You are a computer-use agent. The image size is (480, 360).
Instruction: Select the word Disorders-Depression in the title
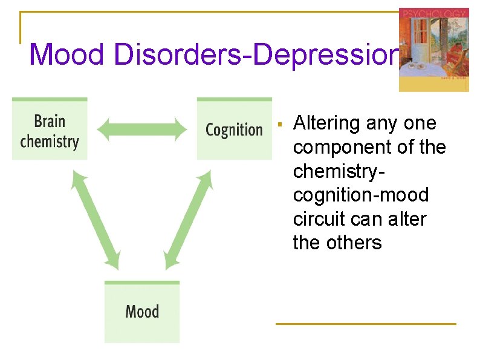point(253,54)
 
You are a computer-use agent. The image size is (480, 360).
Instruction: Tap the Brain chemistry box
point(50,129)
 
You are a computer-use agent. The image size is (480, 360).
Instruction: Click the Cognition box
point(234,129)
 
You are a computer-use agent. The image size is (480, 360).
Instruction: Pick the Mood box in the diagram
point(142,312)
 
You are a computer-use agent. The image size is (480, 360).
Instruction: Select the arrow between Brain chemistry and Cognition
point(142,129)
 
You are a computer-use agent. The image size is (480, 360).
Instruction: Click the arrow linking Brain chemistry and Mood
point(96,219)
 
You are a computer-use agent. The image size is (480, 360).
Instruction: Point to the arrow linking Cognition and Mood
point(189,219)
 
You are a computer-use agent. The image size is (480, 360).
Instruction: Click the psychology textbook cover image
point(433,50)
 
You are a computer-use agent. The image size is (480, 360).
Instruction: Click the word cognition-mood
point(360,195)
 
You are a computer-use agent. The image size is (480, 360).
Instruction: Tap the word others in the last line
point(354,243)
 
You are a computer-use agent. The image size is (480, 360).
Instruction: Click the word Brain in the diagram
point(50,121)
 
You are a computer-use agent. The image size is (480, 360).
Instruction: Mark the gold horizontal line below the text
point(365,324)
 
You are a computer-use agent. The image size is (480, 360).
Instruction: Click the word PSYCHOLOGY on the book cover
point(433,14)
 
